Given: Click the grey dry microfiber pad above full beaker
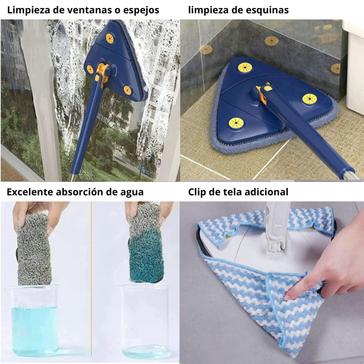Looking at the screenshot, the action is pyautogui.click(x=33, y=249).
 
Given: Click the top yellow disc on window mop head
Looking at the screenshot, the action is pyautogui.click(x=110, y=38).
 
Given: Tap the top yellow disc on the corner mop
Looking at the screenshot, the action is pyautogui.click(x=245, y=67).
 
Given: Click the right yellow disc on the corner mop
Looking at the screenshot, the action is pyautogui.click(x=309, y=99).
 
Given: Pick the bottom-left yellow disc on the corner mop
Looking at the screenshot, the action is pyautogui.click(x=236, y=123).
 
